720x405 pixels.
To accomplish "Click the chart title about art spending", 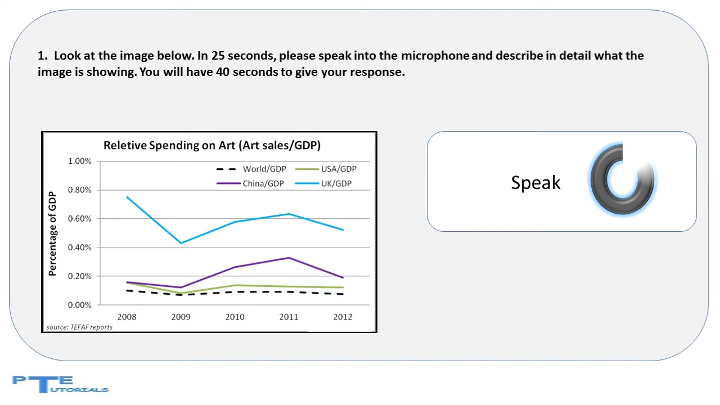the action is point(212,146).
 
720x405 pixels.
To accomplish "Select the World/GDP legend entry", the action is point(251,169).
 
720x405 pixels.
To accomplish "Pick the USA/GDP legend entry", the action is point(326,169).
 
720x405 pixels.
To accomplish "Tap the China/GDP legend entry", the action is point(250,183).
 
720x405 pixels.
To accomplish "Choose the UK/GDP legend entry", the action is point(323,183).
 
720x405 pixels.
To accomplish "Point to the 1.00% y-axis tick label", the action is point(80,161).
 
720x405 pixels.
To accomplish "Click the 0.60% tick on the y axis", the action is point(80,219).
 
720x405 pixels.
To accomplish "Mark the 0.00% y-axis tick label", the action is point(80,305).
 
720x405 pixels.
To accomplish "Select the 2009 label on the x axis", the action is point(181,317).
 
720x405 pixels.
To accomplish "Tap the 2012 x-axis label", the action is point(343,317).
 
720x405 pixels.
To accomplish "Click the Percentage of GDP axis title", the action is point(52,233).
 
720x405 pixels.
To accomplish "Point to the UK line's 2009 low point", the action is point(181,243).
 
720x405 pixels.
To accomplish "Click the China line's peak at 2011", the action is point(289,258).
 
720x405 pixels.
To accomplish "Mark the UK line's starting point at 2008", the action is point(127,197).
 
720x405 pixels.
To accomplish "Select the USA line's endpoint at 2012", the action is point(343,287).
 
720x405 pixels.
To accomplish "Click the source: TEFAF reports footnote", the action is point(79,327).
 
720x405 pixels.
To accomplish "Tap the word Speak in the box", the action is point(535,183).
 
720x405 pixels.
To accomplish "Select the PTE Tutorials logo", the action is point(60,384).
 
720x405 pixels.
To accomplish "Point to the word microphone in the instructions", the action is point(435,56).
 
